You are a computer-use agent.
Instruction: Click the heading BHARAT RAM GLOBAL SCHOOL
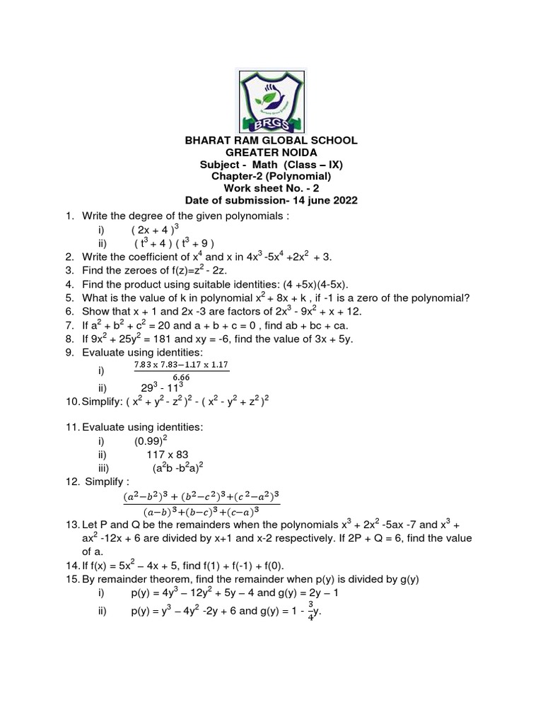point(271,141)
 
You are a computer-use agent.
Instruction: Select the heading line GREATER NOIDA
point(271,153)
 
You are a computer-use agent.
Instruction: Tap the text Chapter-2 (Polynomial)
point(271,177)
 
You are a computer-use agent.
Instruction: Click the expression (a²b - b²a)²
point(177,468)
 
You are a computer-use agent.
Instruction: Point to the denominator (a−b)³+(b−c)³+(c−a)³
point(201,510)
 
